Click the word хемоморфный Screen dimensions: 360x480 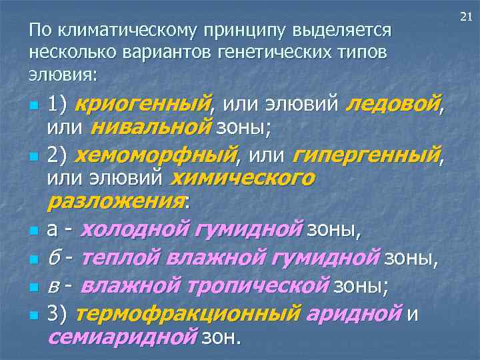(x=155, y=155)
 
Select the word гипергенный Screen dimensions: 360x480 (x=366, y=155)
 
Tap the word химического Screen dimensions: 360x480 (x=243, y=178)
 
